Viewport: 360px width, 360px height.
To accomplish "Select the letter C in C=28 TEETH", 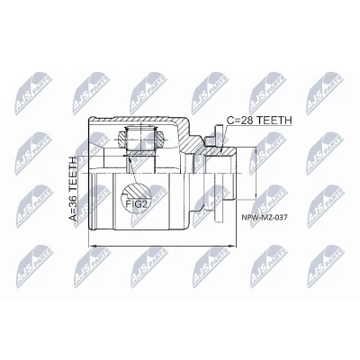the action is point(229,121).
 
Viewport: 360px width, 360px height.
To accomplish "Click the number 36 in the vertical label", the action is point(73,202).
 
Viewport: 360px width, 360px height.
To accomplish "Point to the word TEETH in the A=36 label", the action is point(73,175).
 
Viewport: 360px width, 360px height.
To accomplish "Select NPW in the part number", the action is point(247,218).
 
